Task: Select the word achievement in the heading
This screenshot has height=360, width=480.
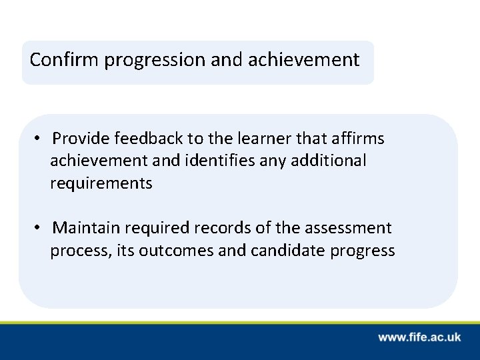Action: click(303, 61)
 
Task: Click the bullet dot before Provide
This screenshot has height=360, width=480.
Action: click(39, 139)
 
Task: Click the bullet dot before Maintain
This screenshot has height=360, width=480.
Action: click(39, 229)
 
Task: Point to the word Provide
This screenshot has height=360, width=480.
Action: click(81, 139)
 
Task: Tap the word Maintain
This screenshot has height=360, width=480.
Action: click(86, 229)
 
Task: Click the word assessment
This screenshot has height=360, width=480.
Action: click(348, 229)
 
